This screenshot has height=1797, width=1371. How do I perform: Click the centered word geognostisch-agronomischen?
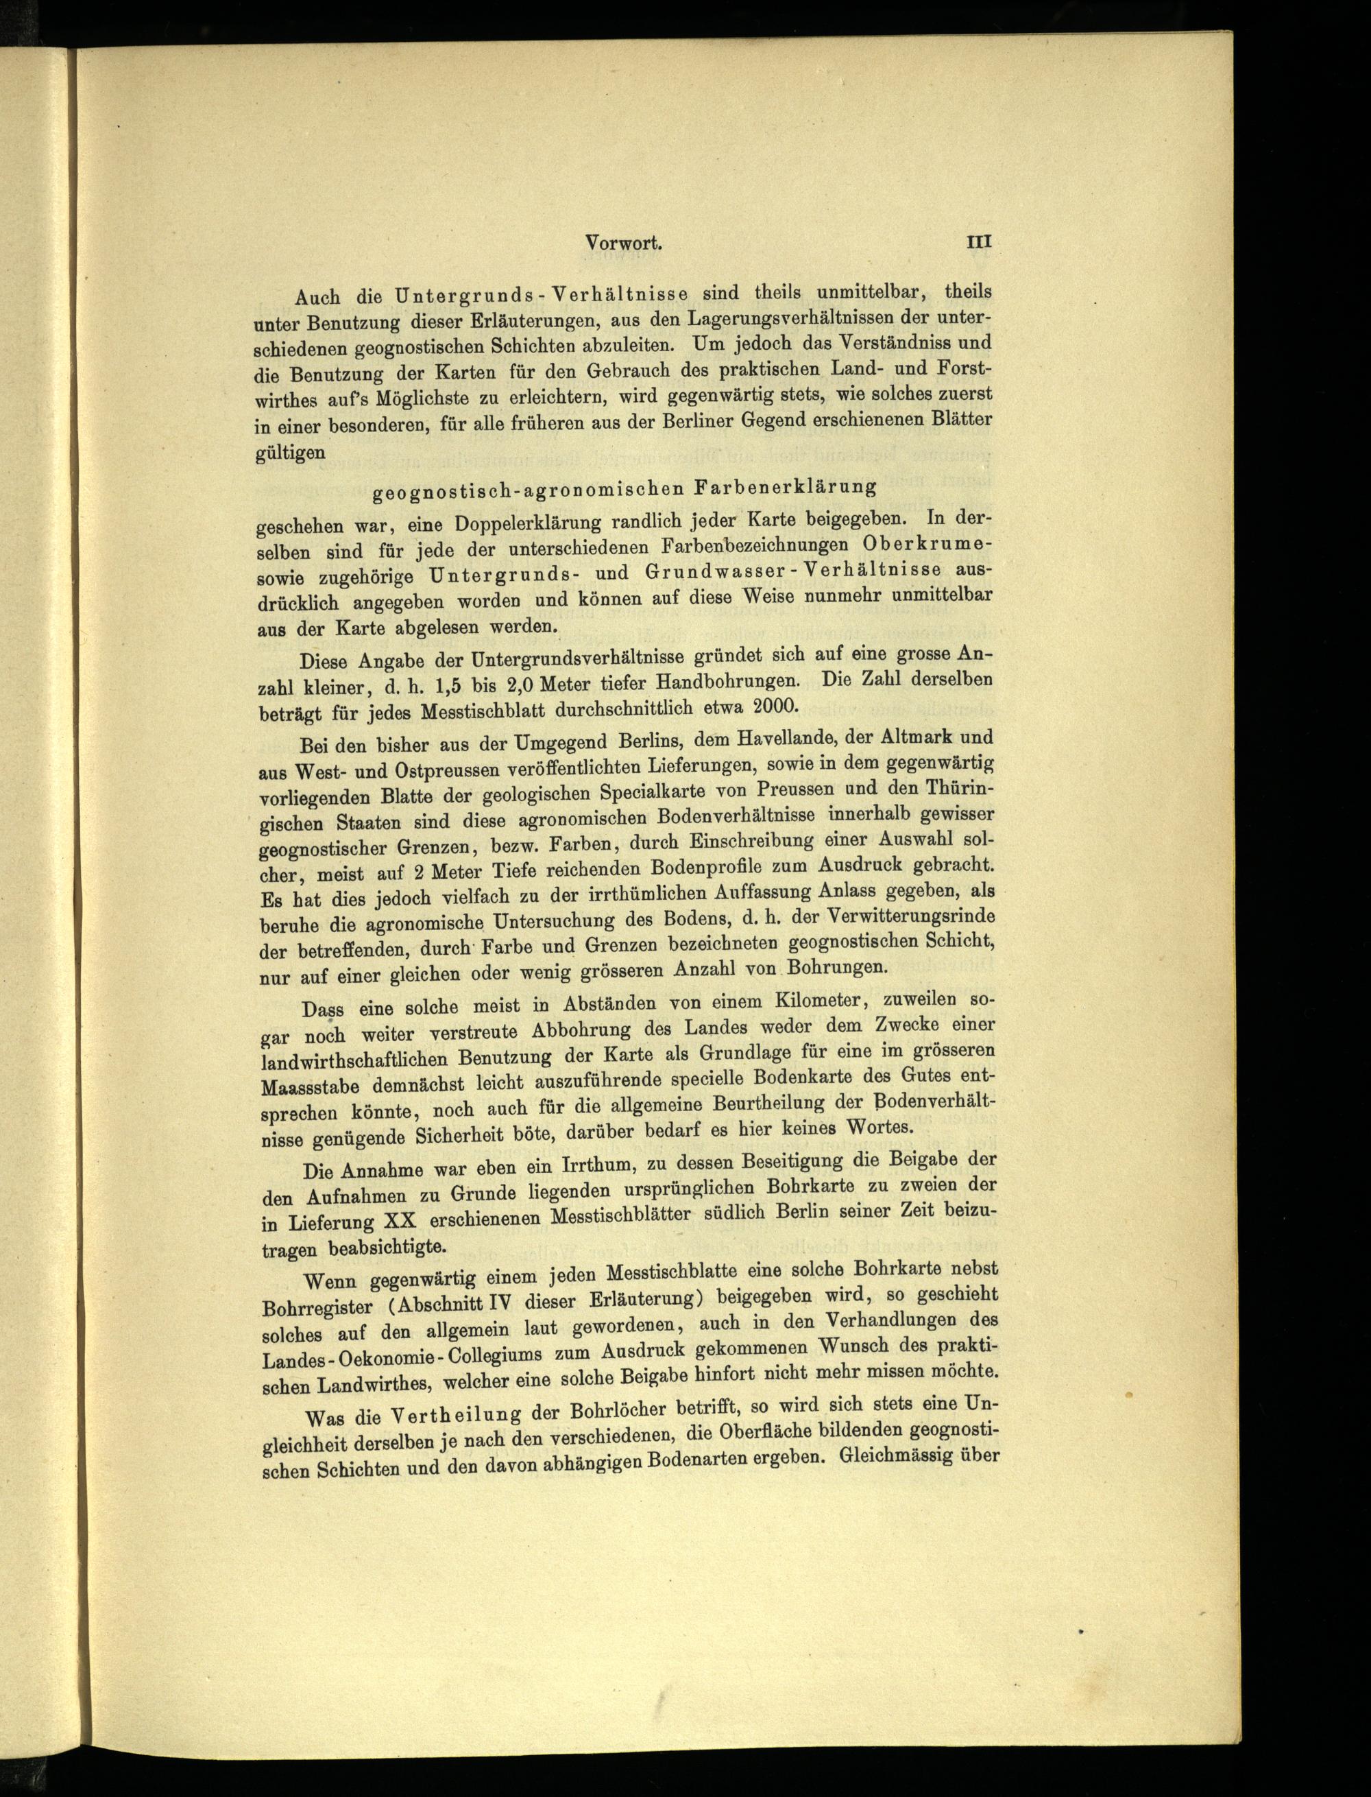click(527, 492)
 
